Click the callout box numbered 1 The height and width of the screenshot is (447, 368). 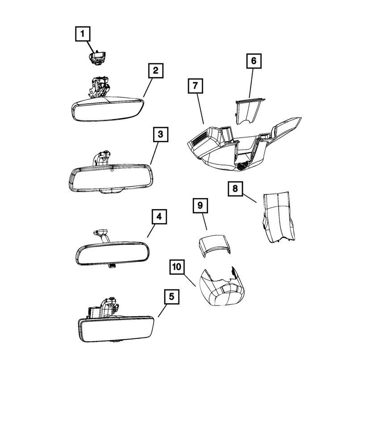click(x=83, y=34)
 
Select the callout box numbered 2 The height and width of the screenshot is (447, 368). click(x=155, y=71)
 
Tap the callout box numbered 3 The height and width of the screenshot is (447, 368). click(x=160, y=134)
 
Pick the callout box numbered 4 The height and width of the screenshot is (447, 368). click(x=159, y=217)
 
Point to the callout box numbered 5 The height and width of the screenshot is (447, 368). click(x=171, y=297)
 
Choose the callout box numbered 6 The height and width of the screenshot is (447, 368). click(x=254, y=61)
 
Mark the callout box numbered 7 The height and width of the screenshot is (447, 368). click(x=196, y=85)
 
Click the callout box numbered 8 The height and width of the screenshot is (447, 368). click(x=235, y=189)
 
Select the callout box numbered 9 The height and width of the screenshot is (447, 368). click(x=200, y=206)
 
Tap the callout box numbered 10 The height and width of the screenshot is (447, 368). click(x=177, y=267)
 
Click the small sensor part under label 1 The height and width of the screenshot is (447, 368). click(x=97, y=58)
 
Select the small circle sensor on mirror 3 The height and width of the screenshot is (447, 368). click(x=112, y=171)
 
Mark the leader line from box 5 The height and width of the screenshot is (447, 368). click(x=163, y=311)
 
